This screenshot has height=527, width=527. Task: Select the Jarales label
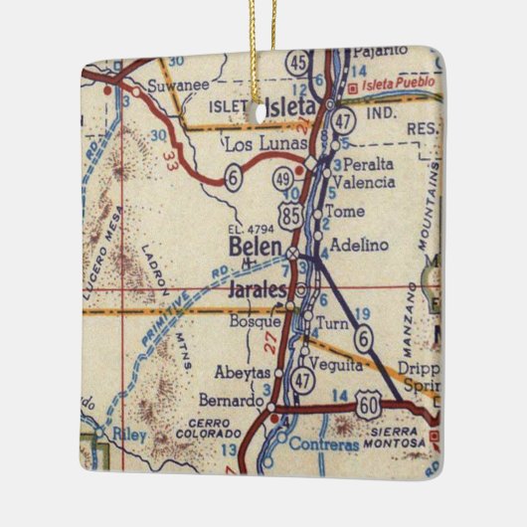pos(257,290)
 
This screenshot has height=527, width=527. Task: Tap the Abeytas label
pos(241,372)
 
